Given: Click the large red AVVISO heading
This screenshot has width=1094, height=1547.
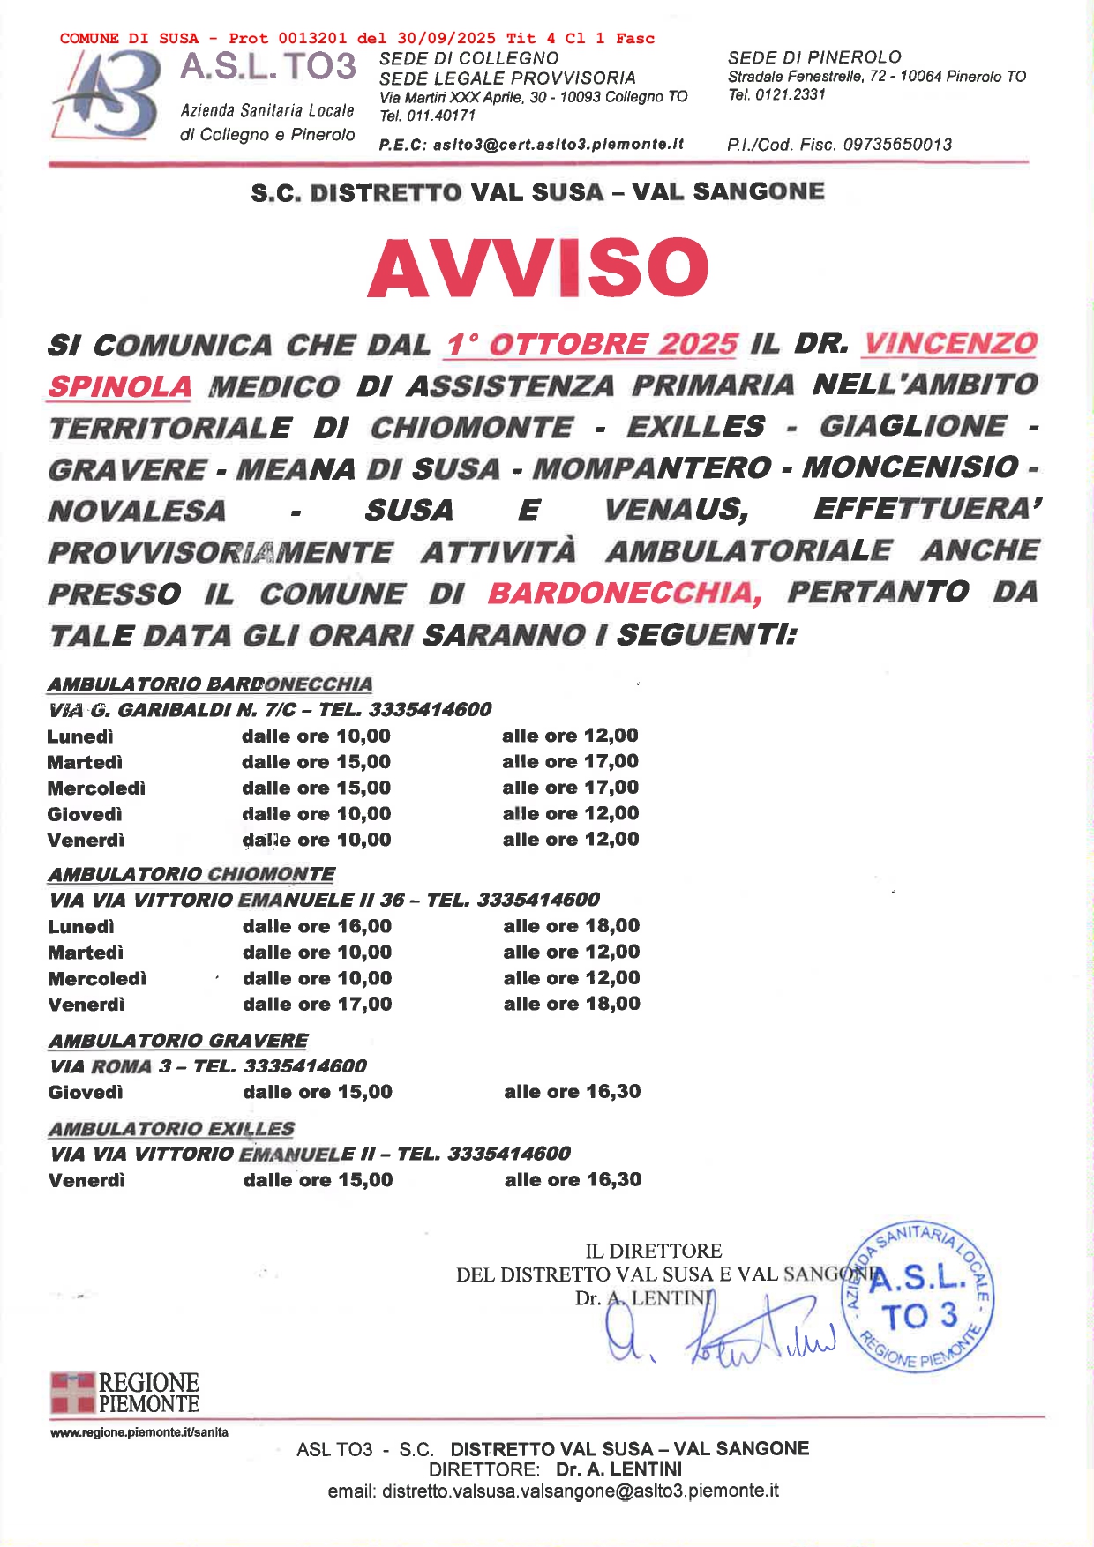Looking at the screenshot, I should pyautogui.click(x=537, y=268).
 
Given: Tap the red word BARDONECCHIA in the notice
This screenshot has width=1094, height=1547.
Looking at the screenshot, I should pyautogui.click(x=625, y=594).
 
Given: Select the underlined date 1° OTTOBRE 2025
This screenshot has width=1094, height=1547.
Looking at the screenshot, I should pyautogui.click(x=592, y=344).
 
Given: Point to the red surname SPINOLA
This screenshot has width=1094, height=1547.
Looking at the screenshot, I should pyautogui.click(x=120, y=386).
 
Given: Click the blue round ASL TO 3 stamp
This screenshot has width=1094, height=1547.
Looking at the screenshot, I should pyautogui.click(x=918, y=1297).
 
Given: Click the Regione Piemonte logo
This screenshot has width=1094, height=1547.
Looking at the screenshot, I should pyautogui.click(x=124, y=1393).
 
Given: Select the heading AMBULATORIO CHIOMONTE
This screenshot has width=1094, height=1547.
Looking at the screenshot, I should pyautogui.click(x=191, y=874).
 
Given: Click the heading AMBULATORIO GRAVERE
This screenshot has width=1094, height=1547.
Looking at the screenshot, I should pyautogui.click(x=178, y=1041).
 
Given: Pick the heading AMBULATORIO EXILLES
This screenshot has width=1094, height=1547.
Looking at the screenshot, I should pyautogui.click(x=172, y=1129).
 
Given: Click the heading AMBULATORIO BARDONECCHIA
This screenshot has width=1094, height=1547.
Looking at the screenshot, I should pyautogui.click(x=210, y=684).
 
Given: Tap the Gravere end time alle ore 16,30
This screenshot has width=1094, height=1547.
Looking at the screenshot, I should pyautogui.click(x=573, y=1092).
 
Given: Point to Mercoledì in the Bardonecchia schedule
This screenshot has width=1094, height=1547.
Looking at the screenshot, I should pyautogui.click(x=96, y=788).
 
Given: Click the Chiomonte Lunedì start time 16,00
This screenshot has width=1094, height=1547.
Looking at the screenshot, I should pyautogui.click(x=365, y=926).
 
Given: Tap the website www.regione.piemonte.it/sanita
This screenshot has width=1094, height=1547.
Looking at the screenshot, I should pyautogui.click(x=139, y=1432).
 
